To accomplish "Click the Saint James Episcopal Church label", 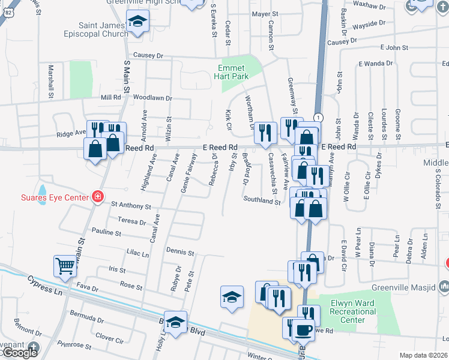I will [x=104, y=29].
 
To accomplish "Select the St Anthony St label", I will [x=130, y=205].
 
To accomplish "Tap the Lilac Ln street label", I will [x=137, y=254].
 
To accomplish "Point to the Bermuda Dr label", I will [x=86, y=314].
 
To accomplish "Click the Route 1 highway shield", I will [x=318, y=117].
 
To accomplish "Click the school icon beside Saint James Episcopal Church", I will [x=138, y=22].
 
